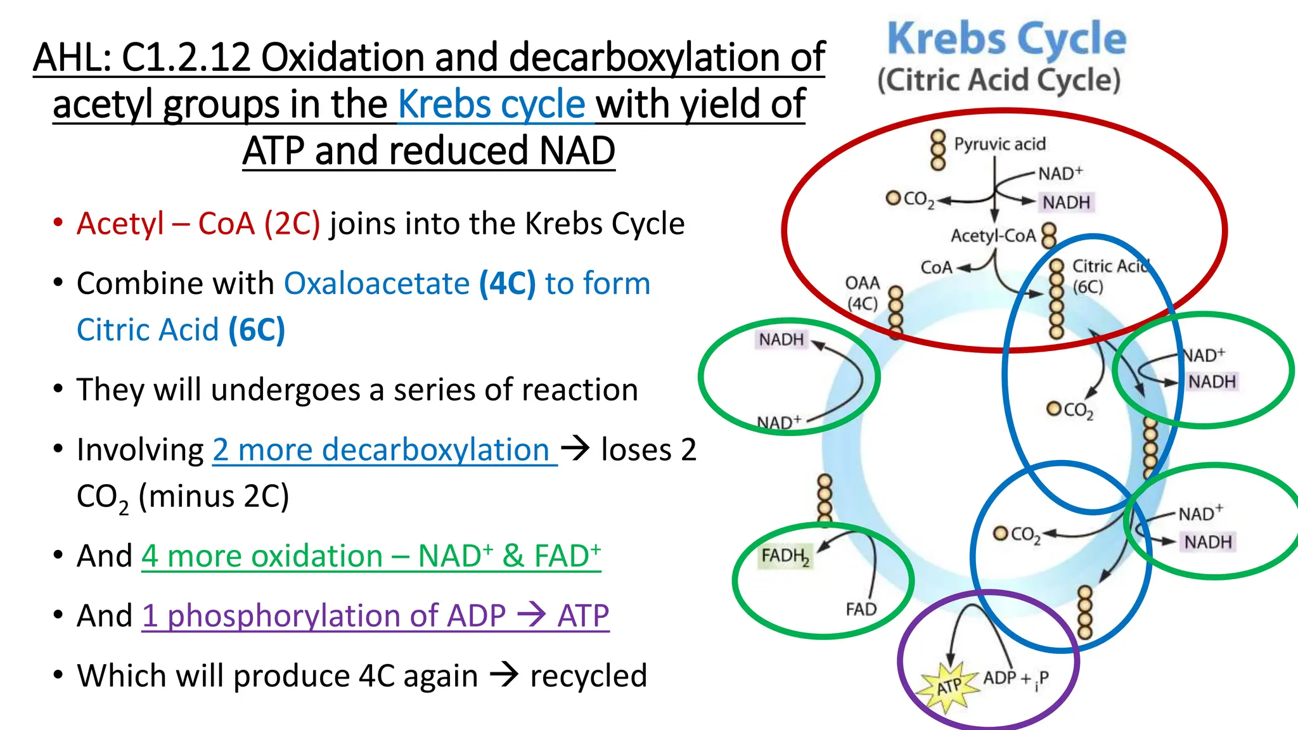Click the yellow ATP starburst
click(x=949, y=686)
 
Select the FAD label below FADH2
click(x=861, y=609)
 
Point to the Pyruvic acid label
click(x=999, y=144)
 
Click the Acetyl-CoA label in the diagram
click(x=993, y=236)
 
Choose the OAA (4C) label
click(x=863, y=293)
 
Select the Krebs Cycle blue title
click(x=1006, y=39)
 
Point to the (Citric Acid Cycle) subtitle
click(x=999, y=80)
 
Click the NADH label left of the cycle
click(x=781, y=340)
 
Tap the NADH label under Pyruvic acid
click(x=1067, y=202)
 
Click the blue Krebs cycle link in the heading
click(x=492, y=105)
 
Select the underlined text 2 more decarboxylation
click(x=382, y=450)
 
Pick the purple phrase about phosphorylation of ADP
click(x=375, y=615)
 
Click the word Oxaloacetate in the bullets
click(x=376, y=283)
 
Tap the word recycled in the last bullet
click(x=588, y=676)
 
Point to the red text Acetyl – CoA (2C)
click(x=198, y=224)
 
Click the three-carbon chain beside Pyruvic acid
click(x=937, y=150)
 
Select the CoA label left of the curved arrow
click(x=936, y=267)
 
